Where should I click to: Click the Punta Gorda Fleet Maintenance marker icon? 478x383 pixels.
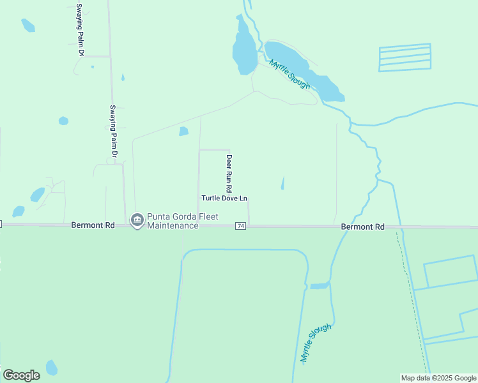click(x=136, y=220)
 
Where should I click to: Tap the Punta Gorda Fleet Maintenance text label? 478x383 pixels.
click(x=173, y=220)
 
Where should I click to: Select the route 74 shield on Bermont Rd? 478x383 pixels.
click(x=241, y=226)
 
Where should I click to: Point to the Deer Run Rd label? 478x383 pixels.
click(x=229, y=174)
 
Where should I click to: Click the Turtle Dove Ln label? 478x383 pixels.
click(x=224, y=198)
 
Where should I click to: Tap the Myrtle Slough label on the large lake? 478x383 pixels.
click(x=290, y=74)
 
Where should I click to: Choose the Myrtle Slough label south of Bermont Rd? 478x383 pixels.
click(x=316, y=343)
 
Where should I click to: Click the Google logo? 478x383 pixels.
click(x=21, y=375)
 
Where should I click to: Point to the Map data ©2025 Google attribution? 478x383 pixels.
click(x=439, y=378)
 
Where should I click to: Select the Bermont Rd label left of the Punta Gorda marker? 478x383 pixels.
click(x=93, y=225)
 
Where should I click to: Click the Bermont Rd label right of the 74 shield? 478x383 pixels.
click(x=363, y=227)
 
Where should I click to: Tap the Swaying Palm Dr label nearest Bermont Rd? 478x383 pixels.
click(x=113, y=131)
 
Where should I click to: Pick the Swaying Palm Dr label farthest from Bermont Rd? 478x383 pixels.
click(x=80, y=29)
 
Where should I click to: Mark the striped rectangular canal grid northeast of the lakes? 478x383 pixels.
click(x=405, y=57)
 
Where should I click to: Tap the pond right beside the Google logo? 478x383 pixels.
click(x=52, y=368)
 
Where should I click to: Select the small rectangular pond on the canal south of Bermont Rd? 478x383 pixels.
click(x=319, y=285)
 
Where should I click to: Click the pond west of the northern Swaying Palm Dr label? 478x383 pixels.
click(x=27, y=26)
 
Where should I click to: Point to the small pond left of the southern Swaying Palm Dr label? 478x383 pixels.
click(x=63, y=121)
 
